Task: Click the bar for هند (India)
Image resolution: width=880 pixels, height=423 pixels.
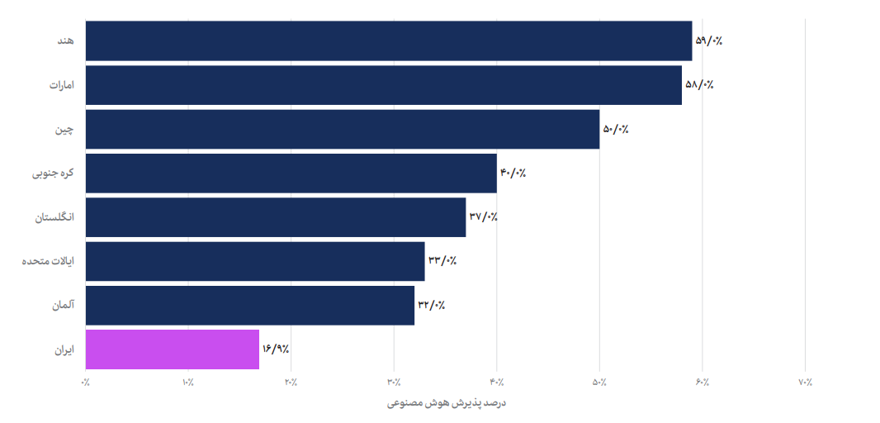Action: point(388,40)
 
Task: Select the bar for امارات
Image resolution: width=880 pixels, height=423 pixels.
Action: point(383,85)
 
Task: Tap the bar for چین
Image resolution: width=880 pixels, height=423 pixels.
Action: point(342,129)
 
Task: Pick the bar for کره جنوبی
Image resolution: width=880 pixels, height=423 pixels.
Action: point(291,173)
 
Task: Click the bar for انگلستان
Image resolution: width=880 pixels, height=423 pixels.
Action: point(275,217)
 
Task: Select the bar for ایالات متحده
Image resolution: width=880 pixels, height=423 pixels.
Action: point(254,261)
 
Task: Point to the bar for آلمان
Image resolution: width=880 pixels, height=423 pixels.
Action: point(249,306)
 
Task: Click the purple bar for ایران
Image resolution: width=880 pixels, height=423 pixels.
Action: point(172,349)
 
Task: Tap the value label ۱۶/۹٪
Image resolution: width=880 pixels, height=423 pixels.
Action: point(276,349)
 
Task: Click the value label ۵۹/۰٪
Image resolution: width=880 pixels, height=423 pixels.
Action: point(709,40)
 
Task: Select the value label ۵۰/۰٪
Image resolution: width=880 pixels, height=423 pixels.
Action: point(616,129)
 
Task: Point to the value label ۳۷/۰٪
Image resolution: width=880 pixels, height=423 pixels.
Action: point(483,217)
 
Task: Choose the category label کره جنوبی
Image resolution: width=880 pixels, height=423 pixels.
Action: point(53,173)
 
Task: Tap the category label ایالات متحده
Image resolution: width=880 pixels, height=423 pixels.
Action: point(48,261)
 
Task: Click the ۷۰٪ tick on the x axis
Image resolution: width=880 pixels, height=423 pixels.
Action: point(805,383)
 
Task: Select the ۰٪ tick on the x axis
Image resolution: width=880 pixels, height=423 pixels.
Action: point(85,383)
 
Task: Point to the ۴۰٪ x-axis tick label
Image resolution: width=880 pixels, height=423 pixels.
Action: point(496,383)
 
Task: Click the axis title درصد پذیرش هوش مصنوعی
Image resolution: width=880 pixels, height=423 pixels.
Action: point(446,403)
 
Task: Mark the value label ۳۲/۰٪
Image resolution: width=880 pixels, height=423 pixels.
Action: point(432,306)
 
